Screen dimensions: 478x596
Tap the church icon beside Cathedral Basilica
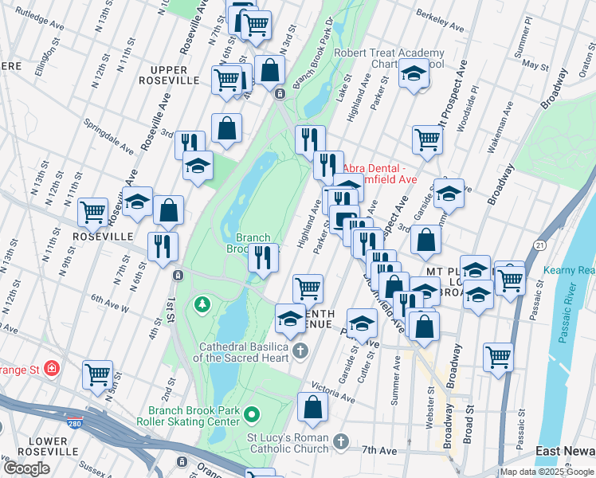point(300,351)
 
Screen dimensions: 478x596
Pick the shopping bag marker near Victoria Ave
point(313,408)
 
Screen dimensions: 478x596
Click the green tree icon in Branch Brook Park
point(202,304)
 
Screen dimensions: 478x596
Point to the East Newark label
point(565,452)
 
